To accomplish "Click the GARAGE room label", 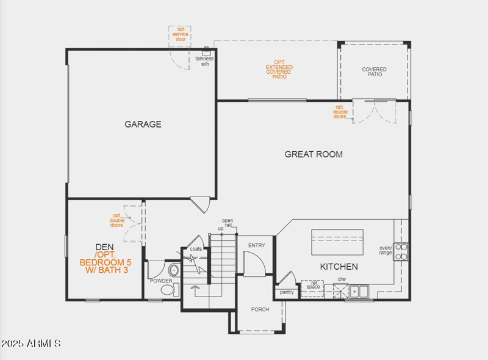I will point(143,124).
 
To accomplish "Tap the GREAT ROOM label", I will point(314,154).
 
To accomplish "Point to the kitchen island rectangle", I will point(337,242).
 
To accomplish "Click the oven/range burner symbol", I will point(401,251).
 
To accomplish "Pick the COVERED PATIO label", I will point(374,72).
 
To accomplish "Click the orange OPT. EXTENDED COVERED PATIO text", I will point(279,70).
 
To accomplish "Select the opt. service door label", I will point(180,34).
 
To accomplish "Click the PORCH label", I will point(260,309).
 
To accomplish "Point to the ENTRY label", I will point(257,245).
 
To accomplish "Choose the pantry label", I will point(287,292).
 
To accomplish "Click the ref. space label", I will point(313,285).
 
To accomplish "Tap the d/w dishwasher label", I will point(342,279).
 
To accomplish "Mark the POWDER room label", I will point(161,281).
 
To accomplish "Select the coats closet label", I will point(196,249).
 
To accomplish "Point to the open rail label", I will point(228,223).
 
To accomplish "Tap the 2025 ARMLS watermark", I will point(30,344).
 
